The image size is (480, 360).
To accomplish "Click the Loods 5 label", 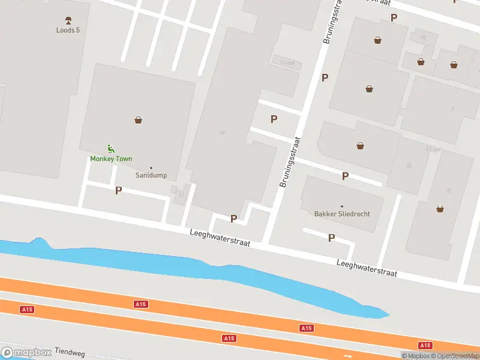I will click(x=68, y=30).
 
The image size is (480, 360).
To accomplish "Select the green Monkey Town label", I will click(x=111, y=159).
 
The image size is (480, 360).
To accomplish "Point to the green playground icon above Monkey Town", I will click(x=110, y=149).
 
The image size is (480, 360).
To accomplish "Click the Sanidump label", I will click(x=151, y=175).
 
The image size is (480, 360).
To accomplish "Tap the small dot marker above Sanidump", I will click(x=151, y=167).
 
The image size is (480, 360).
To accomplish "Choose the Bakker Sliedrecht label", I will click(x=342, y=214).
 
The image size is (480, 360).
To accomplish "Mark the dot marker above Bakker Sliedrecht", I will click(x=342, y=206).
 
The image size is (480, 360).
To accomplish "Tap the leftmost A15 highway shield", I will click(x=26, y=310).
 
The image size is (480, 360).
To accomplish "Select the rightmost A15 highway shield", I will click(x=425, y=345).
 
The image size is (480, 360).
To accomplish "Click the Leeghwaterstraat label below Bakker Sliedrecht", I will click(x=367, y=268).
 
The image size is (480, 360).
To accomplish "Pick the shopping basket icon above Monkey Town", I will click(x=139, y=120).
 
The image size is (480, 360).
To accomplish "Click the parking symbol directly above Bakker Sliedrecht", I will click(x=345, y=176).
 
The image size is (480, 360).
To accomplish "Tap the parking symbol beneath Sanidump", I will click(x=118, y=190).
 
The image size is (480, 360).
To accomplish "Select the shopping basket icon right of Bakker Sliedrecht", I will click(x=441, y=209).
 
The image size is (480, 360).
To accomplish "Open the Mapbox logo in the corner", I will click(x=26, y=353).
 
